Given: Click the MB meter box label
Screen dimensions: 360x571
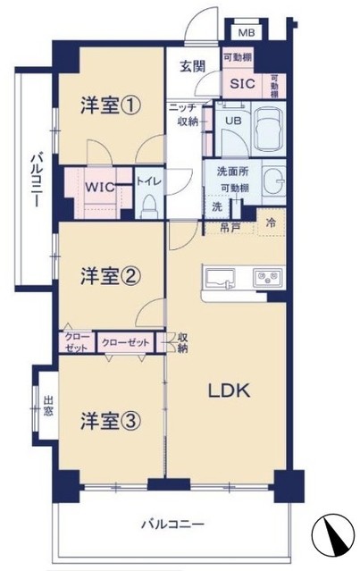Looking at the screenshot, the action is click(247, 33).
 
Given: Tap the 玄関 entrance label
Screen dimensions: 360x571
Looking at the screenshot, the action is click(193, 66).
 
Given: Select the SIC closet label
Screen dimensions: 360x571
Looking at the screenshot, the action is click(242, 84).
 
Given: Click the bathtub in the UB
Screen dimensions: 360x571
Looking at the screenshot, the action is click(269, 130).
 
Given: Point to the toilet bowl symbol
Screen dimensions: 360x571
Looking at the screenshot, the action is click(148, 206).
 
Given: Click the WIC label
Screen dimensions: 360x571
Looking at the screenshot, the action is click(100, 187).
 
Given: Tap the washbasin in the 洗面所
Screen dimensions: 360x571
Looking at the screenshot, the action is click(273, 181).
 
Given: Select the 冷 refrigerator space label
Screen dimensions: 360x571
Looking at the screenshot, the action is click(271, 223).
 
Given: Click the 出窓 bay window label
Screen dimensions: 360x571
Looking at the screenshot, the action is click(48, 406).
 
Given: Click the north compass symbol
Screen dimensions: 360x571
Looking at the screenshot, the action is click(333, 532).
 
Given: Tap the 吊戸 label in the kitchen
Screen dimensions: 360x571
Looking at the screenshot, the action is click(230, 228).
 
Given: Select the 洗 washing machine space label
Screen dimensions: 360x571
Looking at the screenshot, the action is click(217, 206).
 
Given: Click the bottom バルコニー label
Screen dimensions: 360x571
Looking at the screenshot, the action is click(173, 525).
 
